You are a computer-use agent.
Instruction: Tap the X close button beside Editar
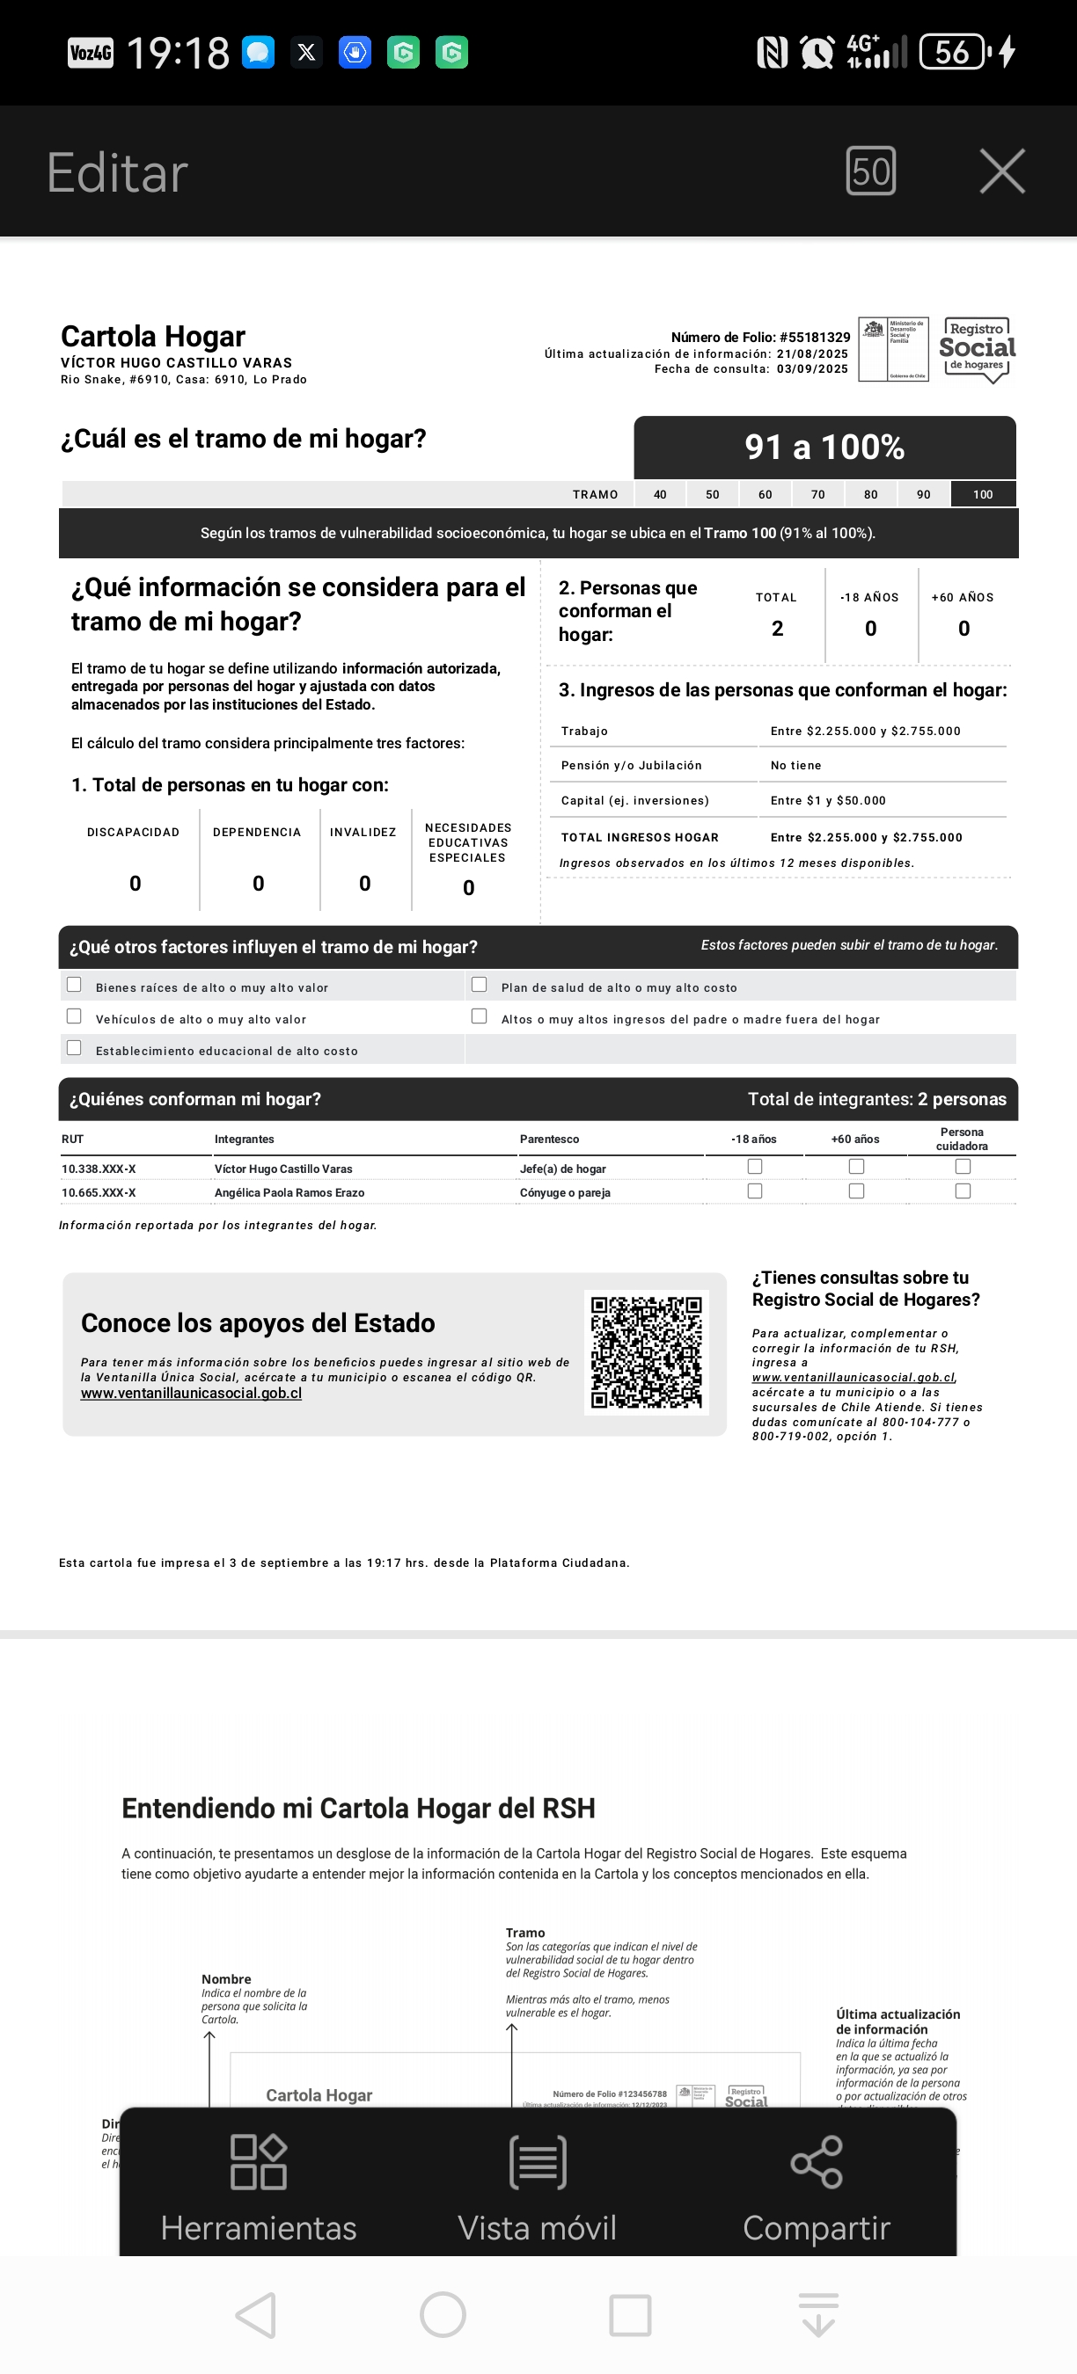pyautogui.click(x=1001, y=171)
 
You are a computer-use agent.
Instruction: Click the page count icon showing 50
pyautogui.click(x=870, y=171)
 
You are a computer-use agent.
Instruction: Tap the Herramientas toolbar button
pyautogui.click(x=258, y=2188)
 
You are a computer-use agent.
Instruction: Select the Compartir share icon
pyautogui.click(x=816, y=2188)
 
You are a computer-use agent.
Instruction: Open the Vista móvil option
pyautogui.click(x=538, y=2188)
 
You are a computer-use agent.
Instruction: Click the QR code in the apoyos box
pyautogui.click(x=647, y=1352)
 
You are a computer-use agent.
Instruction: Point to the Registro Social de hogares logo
pyautogui.click(x=977, y=349)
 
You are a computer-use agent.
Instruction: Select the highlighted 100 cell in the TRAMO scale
pyautogui.click(x=983, y=495)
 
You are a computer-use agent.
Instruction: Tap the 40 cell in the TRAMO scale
pyautogui.click(x=660, y=495)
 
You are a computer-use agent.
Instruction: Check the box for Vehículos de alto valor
pyautogui.click(x=75, y=1016)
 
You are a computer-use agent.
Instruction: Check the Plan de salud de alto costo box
pyautogui.click(x=480, y=984)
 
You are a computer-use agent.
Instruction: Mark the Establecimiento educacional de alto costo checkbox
pyautogui.click(x=75, y=1048)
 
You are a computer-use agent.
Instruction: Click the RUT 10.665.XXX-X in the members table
pyautogui.click(x=99, y=1192)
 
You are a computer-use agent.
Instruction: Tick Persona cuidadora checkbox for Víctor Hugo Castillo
pyautogui.click(x=963, y=1167)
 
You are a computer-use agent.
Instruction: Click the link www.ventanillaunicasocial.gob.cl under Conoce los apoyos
pyautogui.click(x=191, y=1394)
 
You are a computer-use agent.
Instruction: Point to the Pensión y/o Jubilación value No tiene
pyautogui.click(x=795, y=766)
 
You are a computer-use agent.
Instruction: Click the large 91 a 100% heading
pyautogui.click(x=824, y=448)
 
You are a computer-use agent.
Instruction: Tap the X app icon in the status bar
pyautogui.click(x=307, y=53)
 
